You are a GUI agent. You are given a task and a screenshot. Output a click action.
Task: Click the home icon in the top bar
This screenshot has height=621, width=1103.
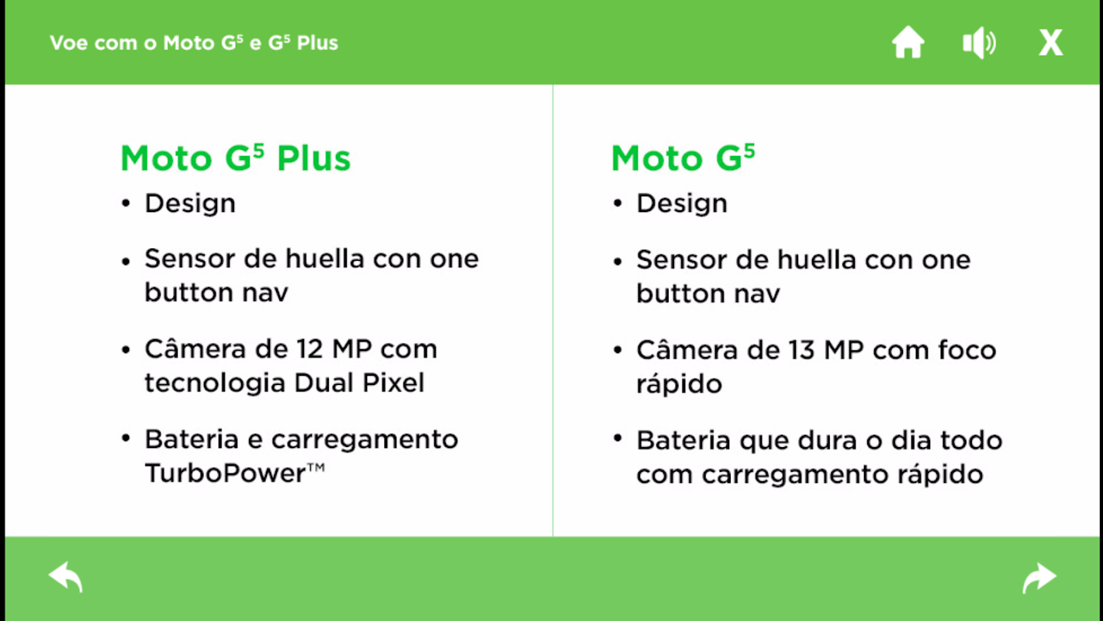tap(908, 43)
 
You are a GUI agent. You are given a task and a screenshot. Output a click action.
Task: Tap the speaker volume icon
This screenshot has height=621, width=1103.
tap(980, 43)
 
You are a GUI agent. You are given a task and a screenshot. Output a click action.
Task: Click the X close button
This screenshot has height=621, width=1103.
tap(1051, 43)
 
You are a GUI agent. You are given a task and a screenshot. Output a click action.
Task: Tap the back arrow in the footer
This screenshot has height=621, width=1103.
tap(65, 577)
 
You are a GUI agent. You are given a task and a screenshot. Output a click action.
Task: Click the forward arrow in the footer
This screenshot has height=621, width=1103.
tap(1039, 577)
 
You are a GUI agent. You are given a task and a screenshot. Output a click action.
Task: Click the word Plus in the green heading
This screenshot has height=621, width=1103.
tap(313, 158)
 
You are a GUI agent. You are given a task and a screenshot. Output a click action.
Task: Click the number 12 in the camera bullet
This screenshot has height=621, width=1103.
tap(309, 349)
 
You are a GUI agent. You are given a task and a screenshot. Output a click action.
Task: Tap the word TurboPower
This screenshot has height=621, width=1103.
tap(226, 474)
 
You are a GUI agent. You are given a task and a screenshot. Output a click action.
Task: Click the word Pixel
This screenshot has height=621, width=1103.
tap(393, 383)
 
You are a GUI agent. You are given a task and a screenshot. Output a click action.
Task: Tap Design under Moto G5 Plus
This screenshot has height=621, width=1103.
tap(190, 203)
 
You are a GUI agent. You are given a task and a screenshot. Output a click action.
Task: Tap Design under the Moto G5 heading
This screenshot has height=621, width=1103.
tap(682, 203)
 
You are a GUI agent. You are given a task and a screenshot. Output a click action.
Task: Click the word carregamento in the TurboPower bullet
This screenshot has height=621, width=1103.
tap(365, 440)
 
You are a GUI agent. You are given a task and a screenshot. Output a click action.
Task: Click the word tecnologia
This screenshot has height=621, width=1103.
tap(215, 384)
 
